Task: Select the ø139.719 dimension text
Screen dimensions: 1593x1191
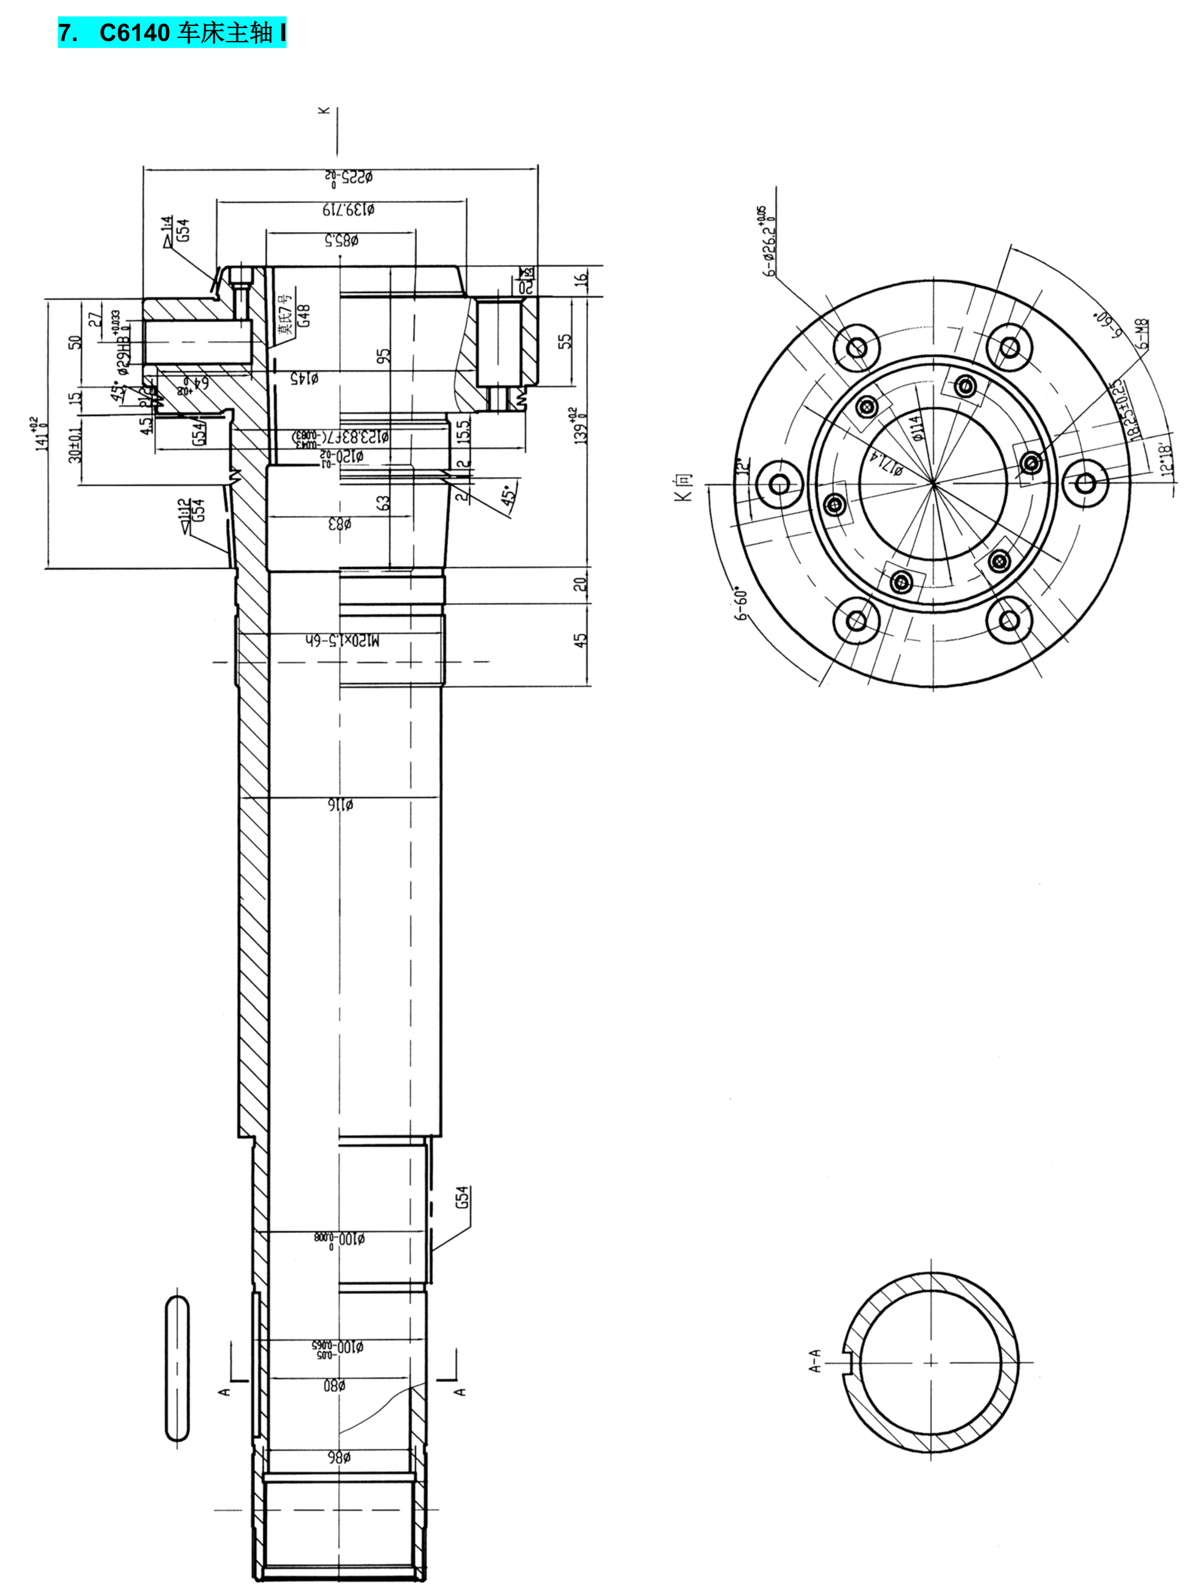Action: (x=347, y=209)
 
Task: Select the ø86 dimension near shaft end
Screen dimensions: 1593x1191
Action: (x=339, y=1458)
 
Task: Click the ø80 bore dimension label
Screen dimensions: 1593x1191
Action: (x=335, y=1385)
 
